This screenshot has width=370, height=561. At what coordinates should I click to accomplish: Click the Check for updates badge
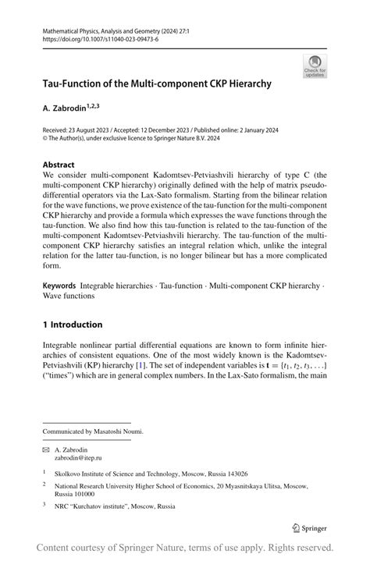pyautogui.click(x=315, y=66)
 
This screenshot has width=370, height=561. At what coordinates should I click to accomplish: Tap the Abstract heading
pyautogui.click(x=59, y=165)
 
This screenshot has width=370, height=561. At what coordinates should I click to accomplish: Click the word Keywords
pyautogui.click(x=59, y=286)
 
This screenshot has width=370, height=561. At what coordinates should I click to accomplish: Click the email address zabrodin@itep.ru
pyautogui.click(x=77, y=457)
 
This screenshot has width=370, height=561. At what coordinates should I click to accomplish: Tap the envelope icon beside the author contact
pyautogui.click(x=46, y=449)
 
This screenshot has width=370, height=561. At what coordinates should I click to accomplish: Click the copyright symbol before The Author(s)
pyautogui.click(x=45, y=139)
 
